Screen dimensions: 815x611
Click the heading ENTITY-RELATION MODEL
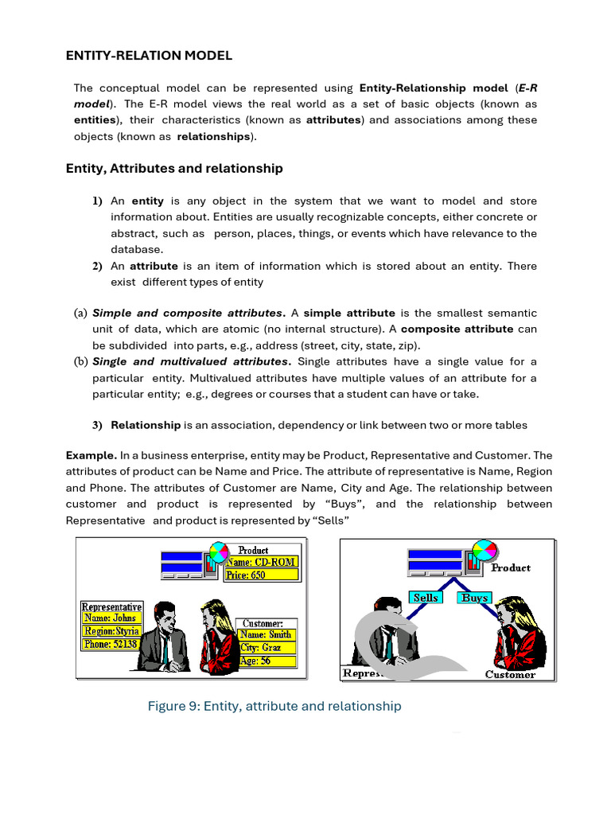pos(148,55)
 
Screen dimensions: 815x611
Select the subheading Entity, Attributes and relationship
pos(173,168)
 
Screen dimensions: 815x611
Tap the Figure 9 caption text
pos(274,706)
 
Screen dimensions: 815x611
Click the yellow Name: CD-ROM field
pos(261,562)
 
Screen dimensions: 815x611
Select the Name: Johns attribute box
pos(111,618)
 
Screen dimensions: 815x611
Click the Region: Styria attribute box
pos(111,631)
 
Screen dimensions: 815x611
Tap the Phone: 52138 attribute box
pos(111,644)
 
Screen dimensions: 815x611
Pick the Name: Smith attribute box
pos(266,634)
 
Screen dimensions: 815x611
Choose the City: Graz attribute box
pos(266,648)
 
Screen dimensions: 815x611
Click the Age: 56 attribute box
pos(266,661)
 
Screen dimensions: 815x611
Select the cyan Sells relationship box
pos(426,597)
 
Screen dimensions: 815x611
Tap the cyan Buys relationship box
pos(475,597)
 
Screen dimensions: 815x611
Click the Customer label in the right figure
pos(510,674)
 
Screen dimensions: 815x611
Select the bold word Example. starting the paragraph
pos(91,455)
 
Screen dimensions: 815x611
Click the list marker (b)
pos(80,361)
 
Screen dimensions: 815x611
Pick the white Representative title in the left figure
pos(112,606)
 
